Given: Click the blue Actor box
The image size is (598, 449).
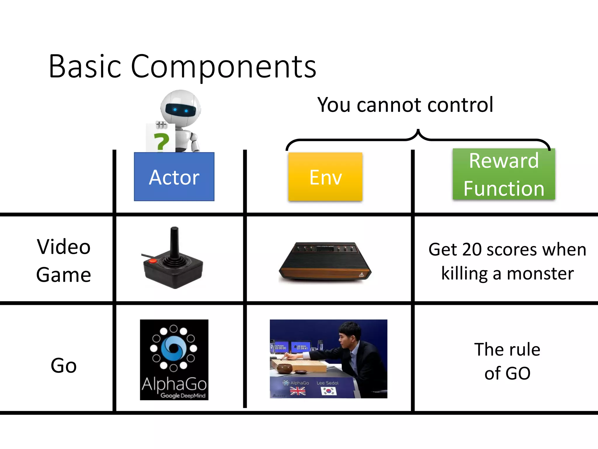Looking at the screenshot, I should click(174, 177).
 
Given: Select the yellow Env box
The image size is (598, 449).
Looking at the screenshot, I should click(325, 177).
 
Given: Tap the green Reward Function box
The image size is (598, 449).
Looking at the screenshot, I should click(504, 175).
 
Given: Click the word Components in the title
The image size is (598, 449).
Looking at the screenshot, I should click(223, 67).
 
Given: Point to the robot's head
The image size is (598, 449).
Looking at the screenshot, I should click(180, 108).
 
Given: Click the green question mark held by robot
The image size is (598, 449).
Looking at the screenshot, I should click(161, 142).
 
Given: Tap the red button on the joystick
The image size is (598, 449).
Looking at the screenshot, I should click(152, 261).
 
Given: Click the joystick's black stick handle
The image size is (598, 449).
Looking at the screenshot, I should click(174, 243).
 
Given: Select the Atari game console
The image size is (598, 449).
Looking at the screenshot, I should click(325, 262).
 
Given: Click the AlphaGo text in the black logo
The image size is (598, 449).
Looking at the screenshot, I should click(174, 384).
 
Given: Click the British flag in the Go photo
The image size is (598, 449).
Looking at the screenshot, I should click(298, 391).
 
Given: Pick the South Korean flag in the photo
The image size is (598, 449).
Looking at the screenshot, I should click(328, 391).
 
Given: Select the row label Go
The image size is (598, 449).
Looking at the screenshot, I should click(64, 365).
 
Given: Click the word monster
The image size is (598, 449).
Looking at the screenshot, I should click(540, 274).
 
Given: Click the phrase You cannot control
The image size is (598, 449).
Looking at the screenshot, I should click(405, 105).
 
